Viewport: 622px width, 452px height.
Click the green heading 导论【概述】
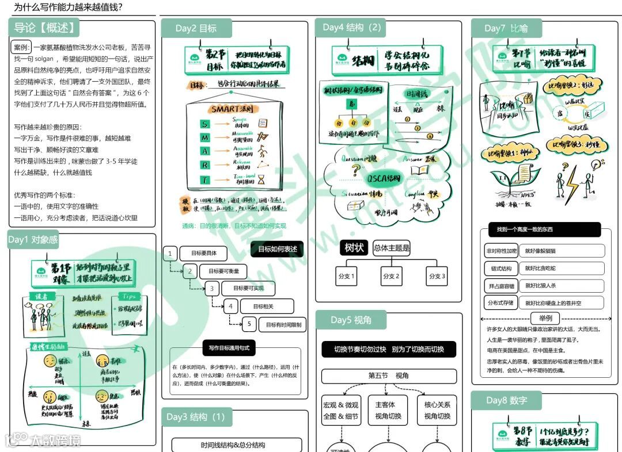[44, 28]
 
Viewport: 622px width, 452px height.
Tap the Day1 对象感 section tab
[33, 240]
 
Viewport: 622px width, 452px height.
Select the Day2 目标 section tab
[196, 28]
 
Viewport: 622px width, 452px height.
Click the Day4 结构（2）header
[352, 28]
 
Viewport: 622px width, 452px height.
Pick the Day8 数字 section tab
[506, 400]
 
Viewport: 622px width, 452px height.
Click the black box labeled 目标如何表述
[277, 249]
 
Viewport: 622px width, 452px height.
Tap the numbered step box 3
[213, 289]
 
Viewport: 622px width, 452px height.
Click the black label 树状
[354, 248]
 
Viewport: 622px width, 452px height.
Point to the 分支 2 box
[391, 277]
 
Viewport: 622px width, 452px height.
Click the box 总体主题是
[392, 248]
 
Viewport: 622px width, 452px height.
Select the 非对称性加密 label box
[501, 251]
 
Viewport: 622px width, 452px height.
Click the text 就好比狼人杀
[540, 285]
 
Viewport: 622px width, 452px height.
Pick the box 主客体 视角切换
[388, 410]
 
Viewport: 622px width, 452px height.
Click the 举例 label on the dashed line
[545, 318]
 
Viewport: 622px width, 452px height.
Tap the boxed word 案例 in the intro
[21, 47]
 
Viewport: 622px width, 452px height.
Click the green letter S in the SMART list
[204, 124]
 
